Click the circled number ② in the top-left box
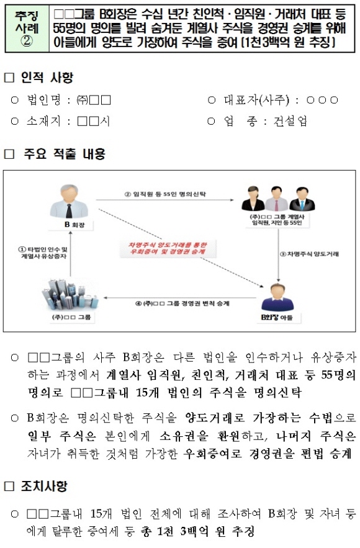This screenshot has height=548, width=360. pyautogui.click(x=27, y=42)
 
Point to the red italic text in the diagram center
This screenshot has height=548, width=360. pyautogui.click(x=168, y=248)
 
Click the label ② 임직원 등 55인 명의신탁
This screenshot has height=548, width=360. pyautogui.click(x=165, y=194)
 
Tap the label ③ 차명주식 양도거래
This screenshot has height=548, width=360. pyautogui.click(x=309, y=254)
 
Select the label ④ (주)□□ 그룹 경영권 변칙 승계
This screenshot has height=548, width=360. pyautogui.click(x=182, y=303)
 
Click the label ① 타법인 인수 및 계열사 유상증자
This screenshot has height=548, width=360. pyautogui.click(x=42, y=253)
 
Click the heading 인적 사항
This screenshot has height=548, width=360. pyautogui.click(x=47, y=77)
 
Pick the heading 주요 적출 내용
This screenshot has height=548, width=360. pyautogui.click(x=65, y=154)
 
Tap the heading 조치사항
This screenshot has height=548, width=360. pyautogui.click(x=44, y=486)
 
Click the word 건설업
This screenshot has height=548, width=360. pyautogui.click(x=290, y=121)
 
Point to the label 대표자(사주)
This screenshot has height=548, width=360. pyautogui.click(x=256, y=101)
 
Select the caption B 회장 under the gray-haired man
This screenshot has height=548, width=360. pyautogui.click(x=74, y=225)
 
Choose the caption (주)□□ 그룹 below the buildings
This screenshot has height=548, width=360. pyautogui.click(x=71, y=317)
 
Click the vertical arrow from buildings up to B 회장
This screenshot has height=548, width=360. pyautogui.click(x=71, y=254)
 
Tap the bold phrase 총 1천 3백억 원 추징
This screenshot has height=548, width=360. pyautogui.click(x=197, y=532)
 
